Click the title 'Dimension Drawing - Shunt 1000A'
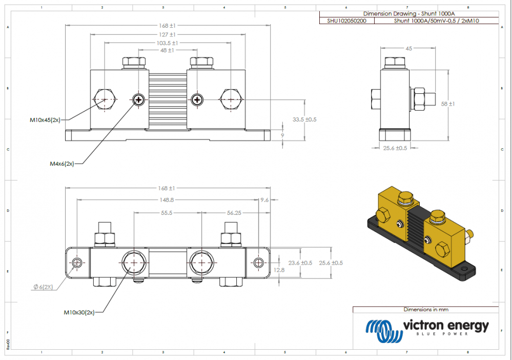(x=408, y=13)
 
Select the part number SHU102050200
(x=347, y=21)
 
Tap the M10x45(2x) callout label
(x=45, y=120)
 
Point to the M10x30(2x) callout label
(x=79, y=312)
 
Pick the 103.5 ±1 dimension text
(x=167, y=43)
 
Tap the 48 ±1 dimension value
(x=167, y=51)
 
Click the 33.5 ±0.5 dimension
(x=304, y=119)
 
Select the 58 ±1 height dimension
(x=448, y=104)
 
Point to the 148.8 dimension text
(x=167, y=201)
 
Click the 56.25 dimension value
(x=234, y=211)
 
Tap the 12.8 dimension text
(x=279, y=269)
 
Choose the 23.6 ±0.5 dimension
(x=300, y=263)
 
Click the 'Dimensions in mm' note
(x=425, y=309)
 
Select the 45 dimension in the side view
(x=408, y=48)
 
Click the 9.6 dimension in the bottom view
(x=264, y=200)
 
